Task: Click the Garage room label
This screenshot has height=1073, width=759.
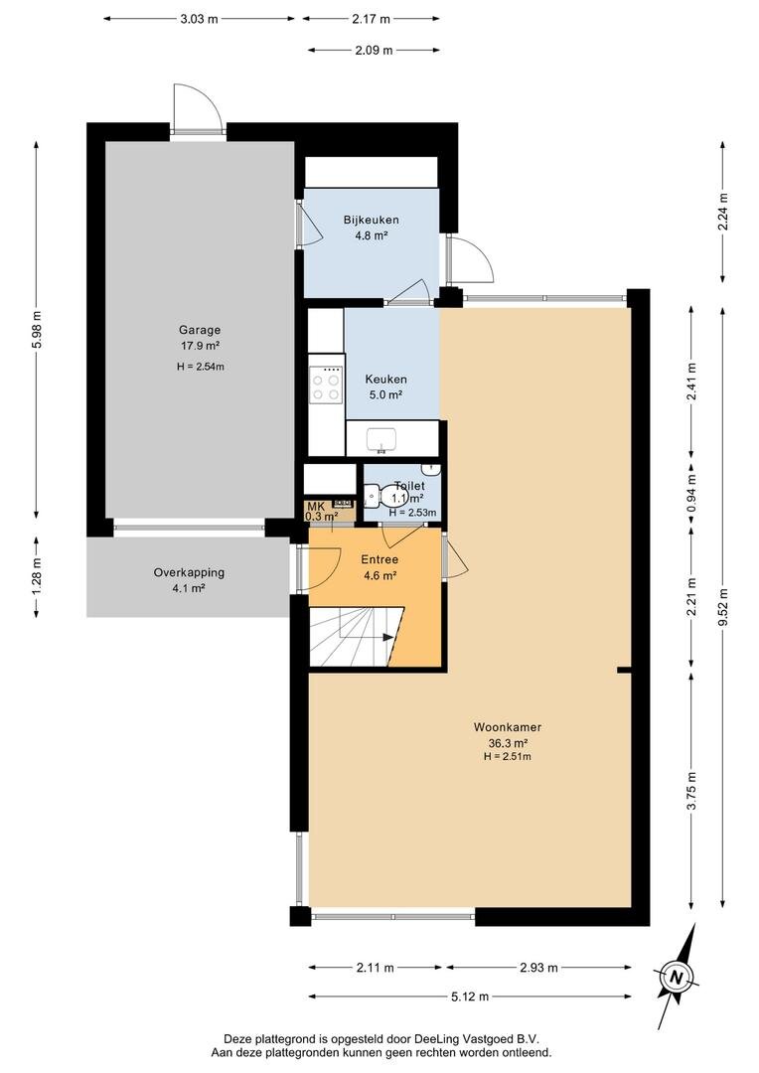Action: click(x=199, y=330)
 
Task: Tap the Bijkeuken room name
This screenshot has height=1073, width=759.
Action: click(x=371, y=220)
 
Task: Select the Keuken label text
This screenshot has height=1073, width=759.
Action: click(x=386, y=380)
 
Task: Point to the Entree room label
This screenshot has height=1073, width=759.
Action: click(x=379, y=559)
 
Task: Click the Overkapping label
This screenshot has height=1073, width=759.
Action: click(x=189, y=573)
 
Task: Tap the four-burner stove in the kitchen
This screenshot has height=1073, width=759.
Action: click(x=326, y=384)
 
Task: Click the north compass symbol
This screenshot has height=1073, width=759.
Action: click(x=677, y=977)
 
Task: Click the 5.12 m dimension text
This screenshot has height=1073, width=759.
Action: click(x=470, y=996)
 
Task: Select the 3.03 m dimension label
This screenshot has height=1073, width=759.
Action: click(x=199, y=19)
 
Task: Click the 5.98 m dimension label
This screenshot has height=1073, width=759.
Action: click(x=37, y=329)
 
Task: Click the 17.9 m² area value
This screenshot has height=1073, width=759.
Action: click(x=199, y=346)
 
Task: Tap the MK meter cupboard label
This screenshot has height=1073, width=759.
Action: click(x=314, y=506)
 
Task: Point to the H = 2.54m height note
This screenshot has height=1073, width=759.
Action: click(x=201, y=366)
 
